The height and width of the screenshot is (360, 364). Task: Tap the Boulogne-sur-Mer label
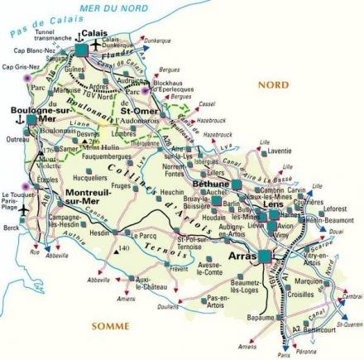click(32, 113)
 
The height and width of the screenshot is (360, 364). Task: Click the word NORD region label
click(273, 84)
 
